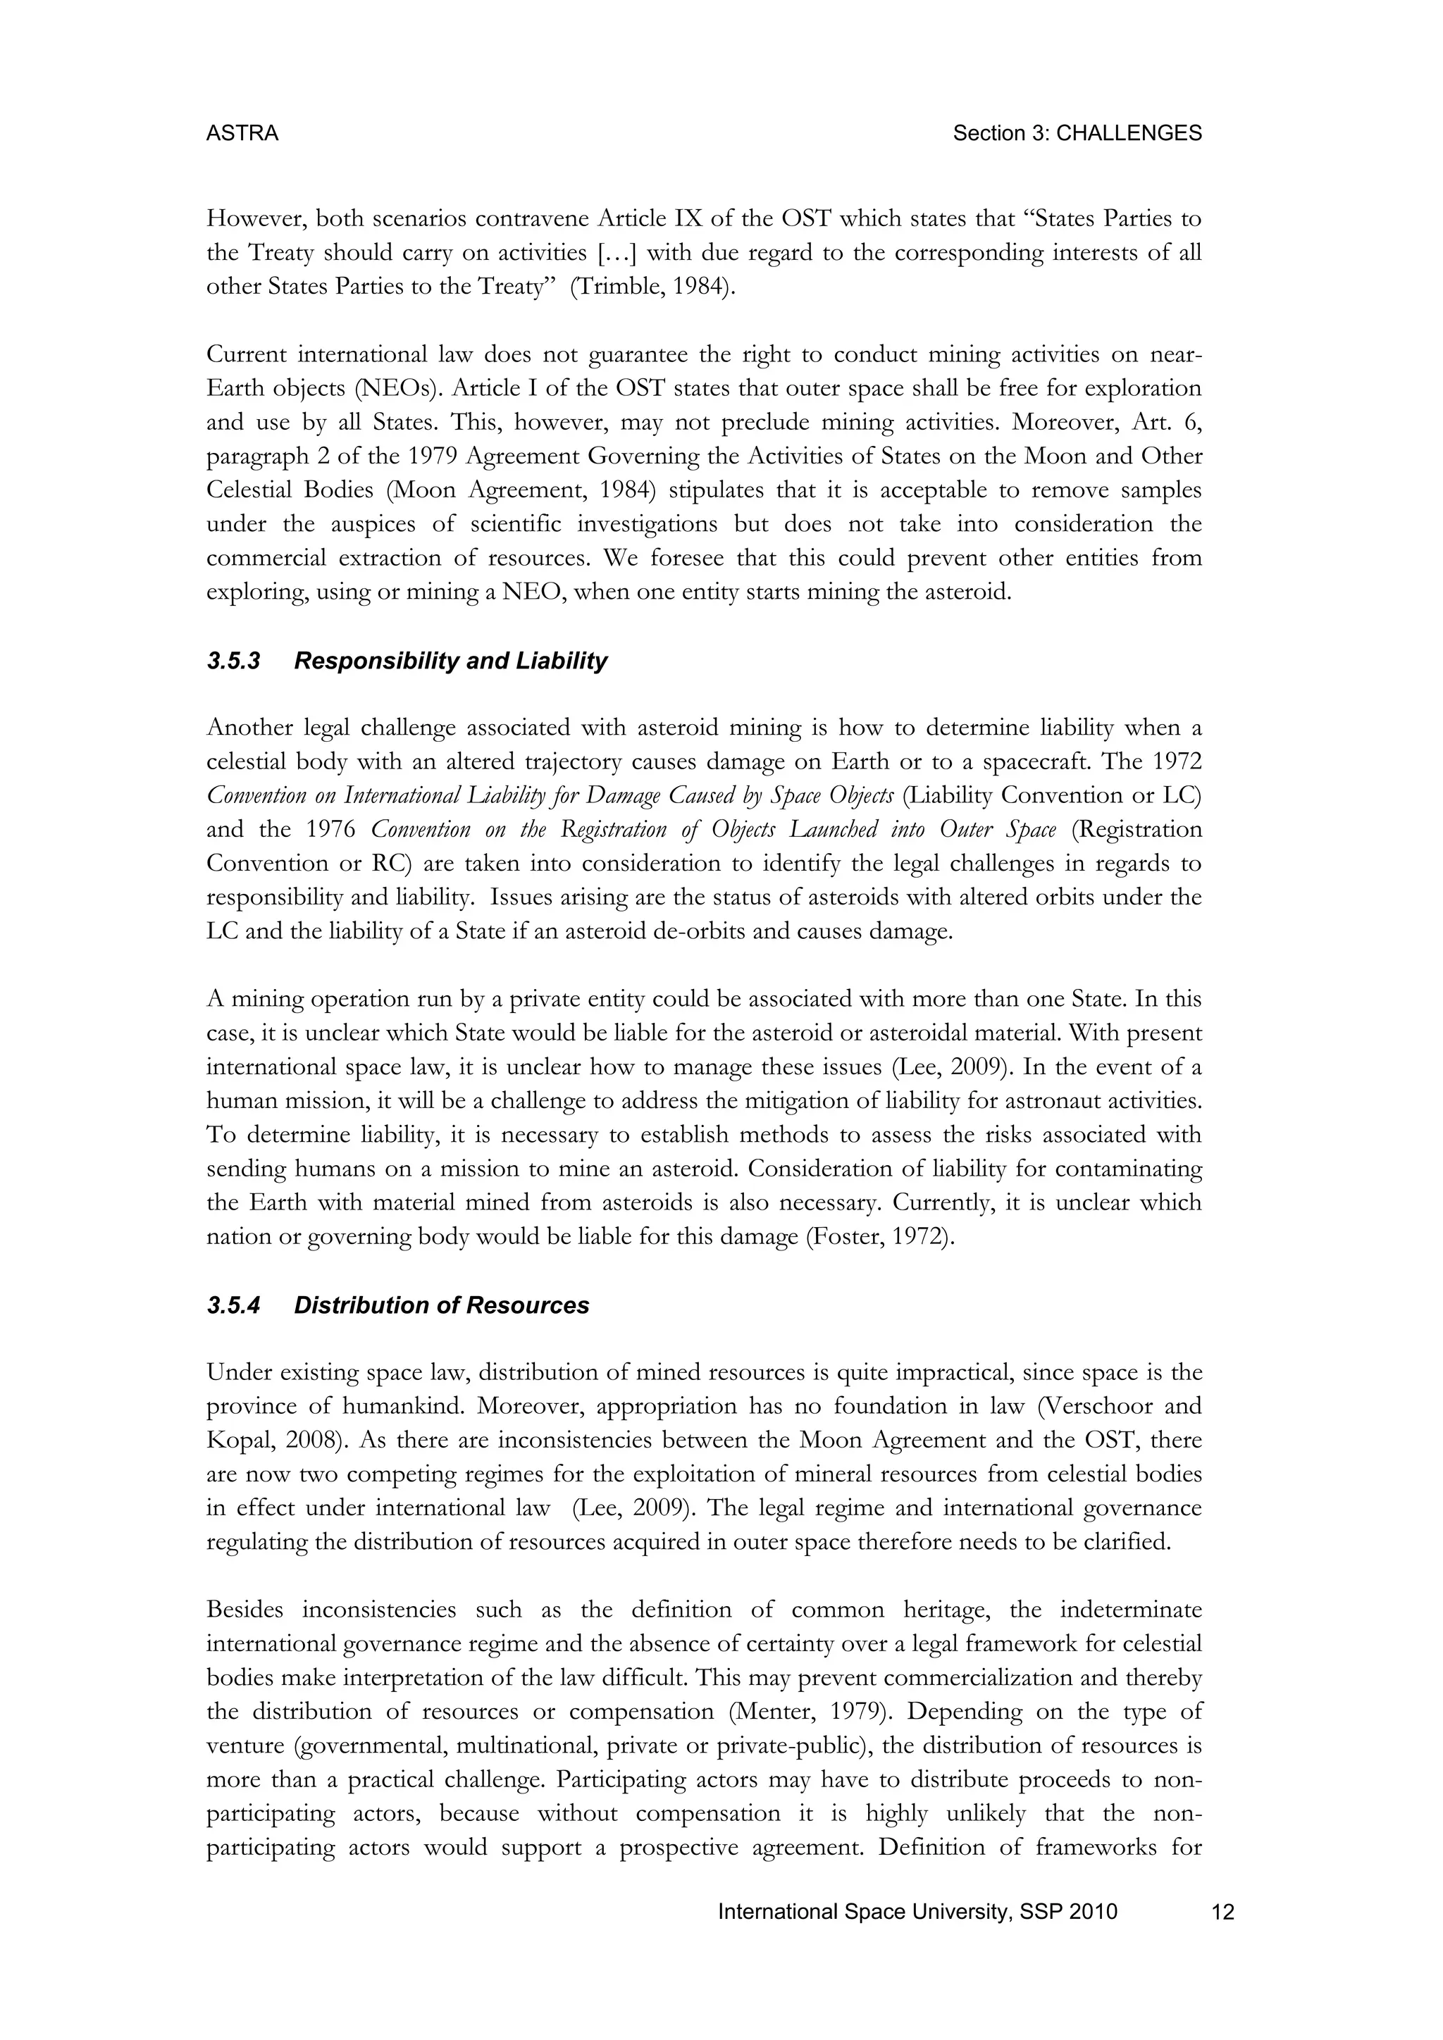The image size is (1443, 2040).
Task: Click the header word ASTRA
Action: point(242,133)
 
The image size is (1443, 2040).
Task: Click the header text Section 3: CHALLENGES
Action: point(1077,133)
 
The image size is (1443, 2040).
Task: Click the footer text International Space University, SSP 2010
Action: point(917,1912)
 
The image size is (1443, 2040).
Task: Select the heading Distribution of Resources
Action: point(442,1305)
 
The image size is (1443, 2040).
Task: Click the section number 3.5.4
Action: point(233,1305)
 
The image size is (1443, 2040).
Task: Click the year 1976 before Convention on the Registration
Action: point(330,829)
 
